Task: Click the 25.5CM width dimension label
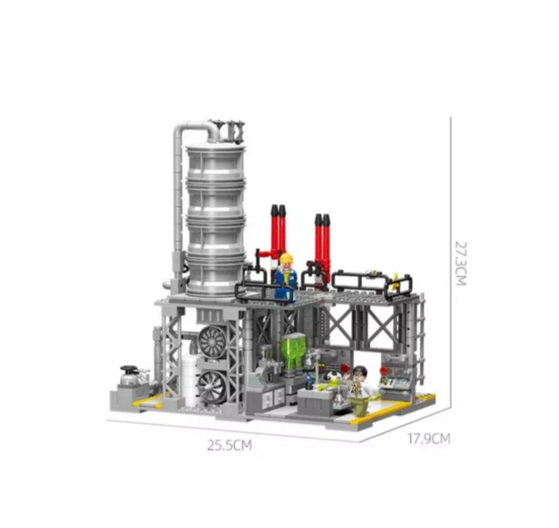point(229,445)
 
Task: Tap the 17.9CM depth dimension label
point(429,439)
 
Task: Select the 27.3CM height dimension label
point(460,264)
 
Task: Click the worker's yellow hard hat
point(286,258)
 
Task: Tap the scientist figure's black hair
point(359,371)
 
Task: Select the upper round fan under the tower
point(212,341)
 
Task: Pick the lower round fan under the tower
point(211,386)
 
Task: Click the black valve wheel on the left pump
point(130,369)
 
